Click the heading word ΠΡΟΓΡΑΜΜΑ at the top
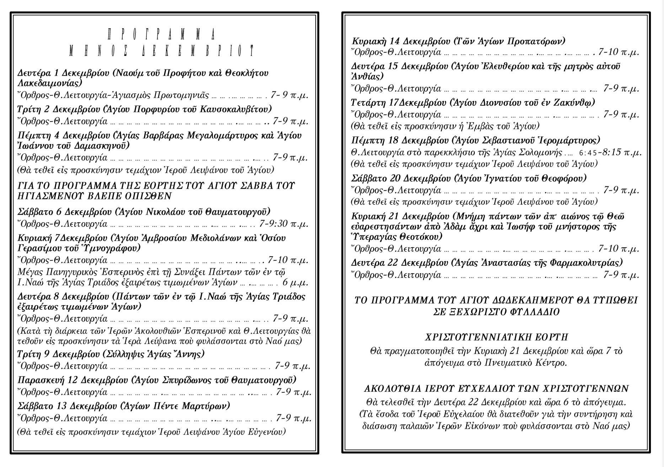tap(161, 35)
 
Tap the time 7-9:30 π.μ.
tap(284, 224)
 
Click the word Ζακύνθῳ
tap(575, 102)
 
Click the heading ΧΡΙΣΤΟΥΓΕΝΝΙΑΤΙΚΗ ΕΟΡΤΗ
tap(497, 337)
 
